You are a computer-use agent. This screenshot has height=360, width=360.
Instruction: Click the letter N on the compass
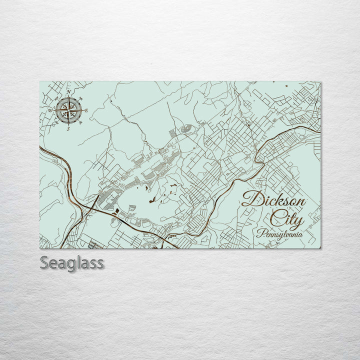(x=68, y=92)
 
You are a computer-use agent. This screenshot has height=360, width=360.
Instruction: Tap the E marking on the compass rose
(x=86, y=110)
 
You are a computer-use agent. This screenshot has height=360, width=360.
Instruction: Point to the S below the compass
(x=68, y=128)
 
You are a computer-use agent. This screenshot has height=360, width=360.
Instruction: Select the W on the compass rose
(x=50, y=110)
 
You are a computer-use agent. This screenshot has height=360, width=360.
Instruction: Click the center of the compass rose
(x=68, y=110)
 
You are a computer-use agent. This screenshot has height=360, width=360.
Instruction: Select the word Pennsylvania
(x=280, y=233)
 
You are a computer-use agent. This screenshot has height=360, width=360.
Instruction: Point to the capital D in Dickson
(x=250, y=199)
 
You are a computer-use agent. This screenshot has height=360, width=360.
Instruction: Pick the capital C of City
(x=274, y=218)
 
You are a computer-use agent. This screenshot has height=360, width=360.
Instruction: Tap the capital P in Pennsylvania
(x=260, y=232)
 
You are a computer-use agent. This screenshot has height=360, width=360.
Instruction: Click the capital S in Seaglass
(x=44, y=262)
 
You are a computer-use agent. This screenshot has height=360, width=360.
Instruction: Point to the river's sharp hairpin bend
(x=257, y=160)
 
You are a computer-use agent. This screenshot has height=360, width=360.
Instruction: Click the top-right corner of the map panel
(x=320, y=82)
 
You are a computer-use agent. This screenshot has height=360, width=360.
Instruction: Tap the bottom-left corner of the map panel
(x=40, y=248)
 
